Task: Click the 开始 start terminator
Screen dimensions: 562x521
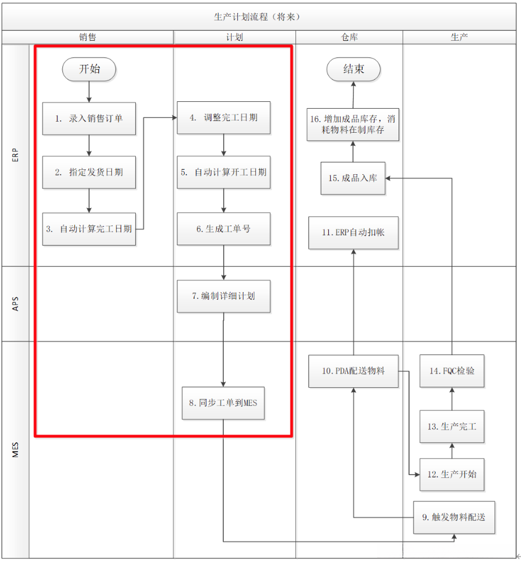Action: (x=90, y=69)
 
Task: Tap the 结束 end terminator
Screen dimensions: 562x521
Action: (x=354, y=69)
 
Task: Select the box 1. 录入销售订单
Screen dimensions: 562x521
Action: (x=89, y=118)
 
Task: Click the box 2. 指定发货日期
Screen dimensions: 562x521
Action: (x=89, y=172)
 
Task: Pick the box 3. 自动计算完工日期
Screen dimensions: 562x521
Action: (x=89, y=229)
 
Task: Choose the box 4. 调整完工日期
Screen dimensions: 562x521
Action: (x=224, y=117)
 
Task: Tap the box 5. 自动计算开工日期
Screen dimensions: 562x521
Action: (x=224, y=172)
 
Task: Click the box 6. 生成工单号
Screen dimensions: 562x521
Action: (x=224, y=229)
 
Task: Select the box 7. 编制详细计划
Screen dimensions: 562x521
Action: (x=224, y=296)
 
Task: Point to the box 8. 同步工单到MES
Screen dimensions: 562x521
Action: (x=223, y=403)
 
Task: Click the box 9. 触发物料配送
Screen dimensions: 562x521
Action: (x=454, y=517)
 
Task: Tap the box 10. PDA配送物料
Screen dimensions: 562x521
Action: (x=354, y=371)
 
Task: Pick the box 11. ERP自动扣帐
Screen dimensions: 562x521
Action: (x=354, y=233)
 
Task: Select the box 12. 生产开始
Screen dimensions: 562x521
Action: (x=451, y=474)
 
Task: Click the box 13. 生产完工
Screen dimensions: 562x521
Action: (x=451, y=426)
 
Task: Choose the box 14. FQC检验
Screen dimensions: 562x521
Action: (x=451, y=371)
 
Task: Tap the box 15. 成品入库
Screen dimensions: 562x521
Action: (x=354, y=178)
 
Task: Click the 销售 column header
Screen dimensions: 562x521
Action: (x=88, y=37)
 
